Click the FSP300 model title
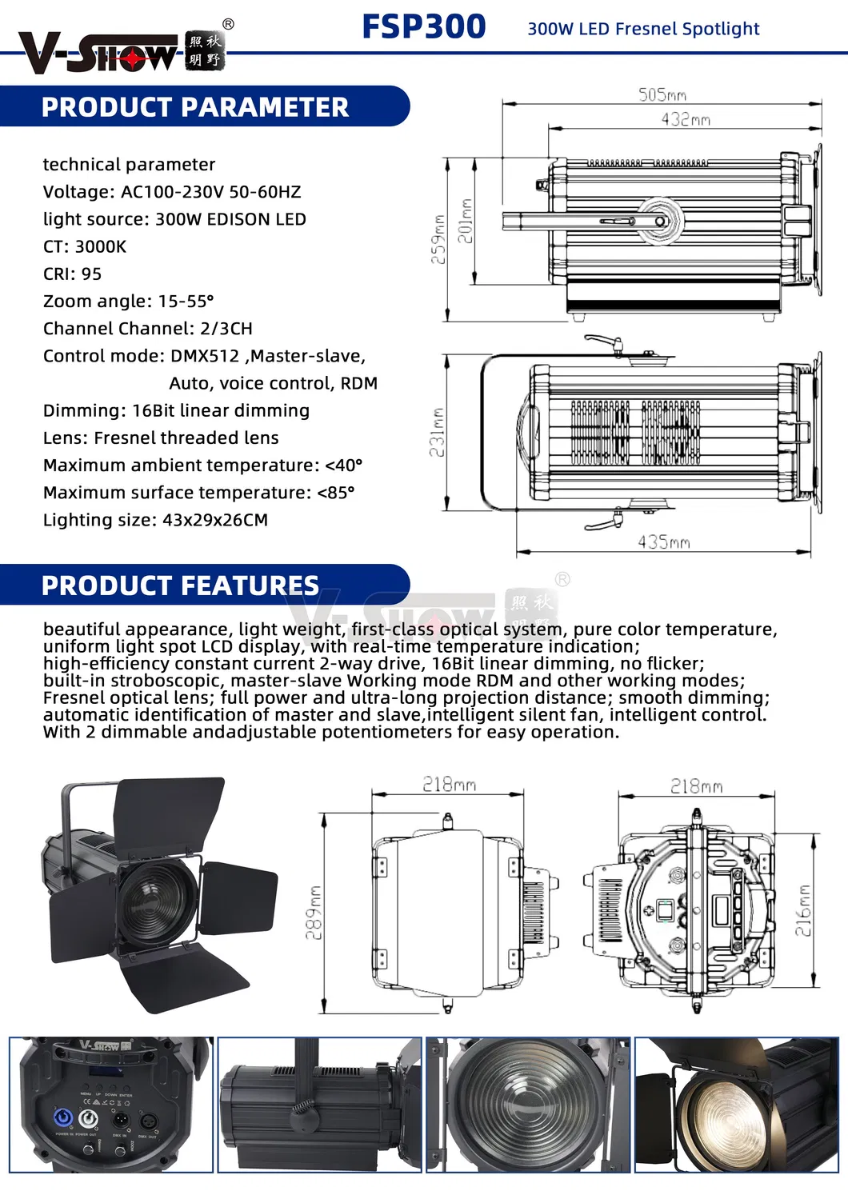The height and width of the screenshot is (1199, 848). point(423,26)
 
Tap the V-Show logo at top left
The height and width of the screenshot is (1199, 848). point(120,53)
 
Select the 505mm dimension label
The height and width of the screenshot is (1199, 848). point(662,94)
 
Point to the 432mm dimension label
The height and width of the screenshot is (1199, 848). point(685,119)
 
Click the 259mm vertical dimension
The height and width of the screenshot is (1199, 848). point(438,238)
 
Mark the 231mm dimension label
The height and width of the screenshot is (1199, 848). point(436,433)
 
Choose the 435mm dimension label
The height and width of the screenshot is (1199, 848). point(663,542)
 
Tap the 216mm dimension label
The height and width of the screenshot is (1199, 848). point(802,910)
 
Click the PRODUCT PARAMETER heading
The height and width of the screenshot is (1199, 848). point(194,107)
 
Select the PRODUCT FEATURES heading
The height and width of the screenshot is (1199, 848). point(180,586)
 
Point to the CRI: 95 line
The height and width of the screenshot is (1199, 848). point(73,274)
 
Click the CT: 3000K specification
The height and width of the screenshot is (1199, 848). point(85,246)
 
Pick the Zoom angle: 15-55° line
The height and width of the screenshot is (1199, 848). point(129,301)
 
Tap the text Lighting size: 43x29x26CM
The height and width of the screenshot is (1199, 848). point(155,520)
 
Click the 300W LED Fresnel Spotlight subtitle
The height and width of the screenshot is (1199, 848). point(643,29)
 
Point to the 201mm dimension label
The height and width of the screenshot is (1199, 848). point(465,221)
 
